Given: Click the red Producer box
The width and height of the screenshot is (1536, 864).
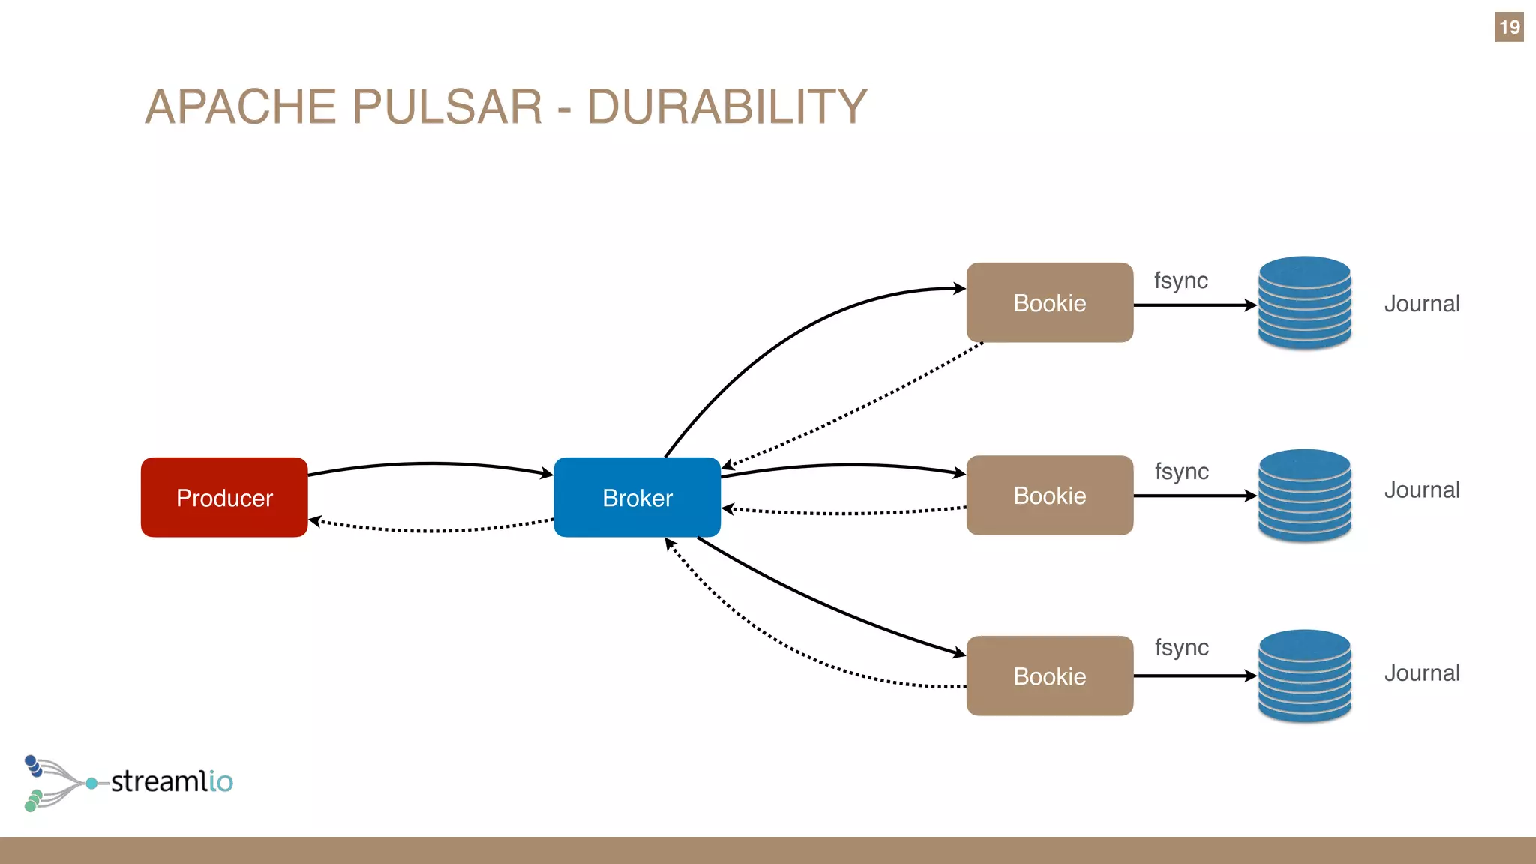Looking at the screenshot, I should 224,497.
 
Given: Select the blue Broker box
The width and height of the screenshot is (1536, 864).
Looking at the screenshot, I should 637,497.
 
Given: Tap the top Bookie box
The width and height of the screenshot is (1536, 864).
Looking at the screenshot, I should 1049,302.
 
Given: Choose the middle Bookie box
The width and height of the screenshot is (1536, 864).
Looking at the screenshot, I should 1049,495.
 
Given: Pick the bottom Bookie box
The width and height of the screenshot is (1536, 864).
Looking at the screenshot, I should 1049,676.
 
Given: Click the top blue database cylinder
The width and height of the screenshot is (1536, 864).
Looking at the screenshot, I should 1304,302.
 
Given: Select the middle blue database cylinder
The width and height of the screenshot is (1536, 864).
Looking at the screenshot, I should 1304,495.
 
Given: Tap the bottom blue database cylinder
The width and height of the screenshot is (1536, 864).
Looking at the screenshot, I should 1304,676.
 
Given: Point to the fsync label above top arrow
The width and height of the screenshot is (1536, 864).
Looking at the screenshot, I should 1180,280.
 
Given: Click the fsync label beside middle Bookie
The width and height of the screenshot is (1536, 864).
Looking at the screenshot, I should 1181,472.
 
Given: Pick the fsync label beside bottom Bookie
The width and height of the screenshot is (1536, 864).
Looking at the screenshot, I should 1181,647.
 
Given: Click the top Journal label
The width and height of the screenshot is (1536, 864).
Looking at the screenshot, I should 1421,304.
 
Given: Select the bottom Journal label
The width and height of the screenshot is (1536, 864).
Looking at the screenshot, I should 1421,673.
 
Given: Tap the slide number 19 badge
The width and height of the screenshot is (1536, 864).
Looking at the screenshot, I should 1508,27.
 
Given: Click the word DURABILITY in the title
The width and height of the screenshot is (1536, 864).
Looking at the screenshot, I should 726,106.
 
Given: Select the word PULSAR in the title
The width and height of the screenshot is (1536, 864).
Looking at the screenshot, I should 447,106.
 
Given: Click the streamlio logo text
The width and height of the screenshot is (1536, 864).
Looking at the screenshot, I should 172,781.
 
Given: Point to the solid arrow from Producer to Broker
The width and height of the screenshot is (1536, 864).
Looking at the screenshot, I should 430,464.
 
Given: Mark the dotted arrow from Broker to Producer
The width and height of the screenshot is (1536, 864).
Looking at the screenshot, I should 430,530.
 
